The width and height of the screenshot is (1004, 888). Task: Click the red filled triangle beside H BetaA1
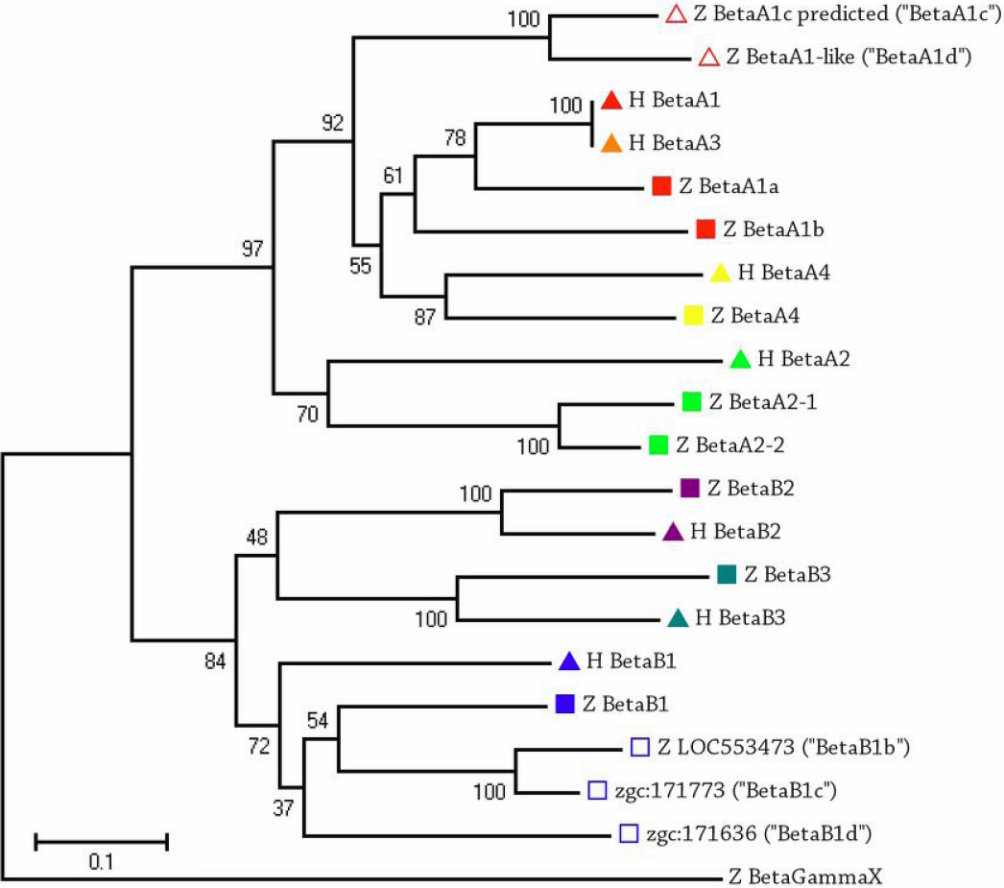point(612,100)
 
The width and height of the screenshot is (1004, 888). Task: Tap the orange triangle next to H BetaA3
point(611,144)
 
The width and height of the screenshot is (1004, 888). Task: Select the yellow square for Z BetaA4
point(693,315)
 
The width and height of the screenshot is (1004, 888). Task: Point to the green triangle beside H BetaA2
point(739,360)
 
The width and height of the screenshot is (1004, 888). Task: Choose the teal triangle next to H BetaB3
point(677,618)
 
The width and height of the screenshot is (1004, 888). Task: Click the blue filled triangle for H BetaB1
point(568,660)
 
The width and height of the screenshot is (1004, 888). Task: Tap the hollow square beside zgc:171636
point(629,832)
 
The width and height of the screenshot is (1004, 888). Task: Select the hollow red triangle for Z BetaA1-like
point(708,58)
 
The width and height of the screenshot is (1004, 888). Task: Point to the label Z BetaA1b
point(774,229)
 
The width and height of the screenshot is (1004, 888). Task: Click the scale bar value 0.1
point(101,861)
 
